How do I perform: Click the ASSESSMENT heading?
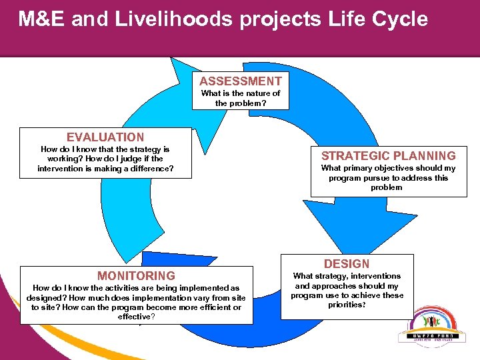point(241,81)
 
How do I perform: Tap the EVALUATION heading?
point(105,137)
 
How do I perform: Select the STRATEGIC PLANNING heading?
point(389,155)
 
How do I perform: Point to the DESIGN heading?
point(347,263)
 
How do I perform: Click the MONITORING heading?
point(136,275)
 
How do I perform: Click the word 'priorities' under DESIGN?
point(346,305)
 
